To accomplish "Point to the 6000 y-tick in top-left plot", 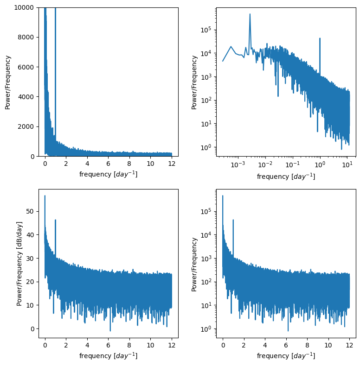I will click(x=27, y=67).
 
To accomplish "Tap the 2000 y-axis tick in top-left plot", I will click(x=27, y=126).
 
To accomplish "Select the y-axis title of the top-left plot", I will click(x=8, y=82).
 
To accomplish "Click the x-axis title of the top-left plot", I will click(x=108, y=174).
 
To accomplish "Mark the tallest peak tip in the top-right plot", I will click(x=250, y=14).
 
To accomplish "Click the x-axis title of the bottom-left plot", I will click(x=108, y=356).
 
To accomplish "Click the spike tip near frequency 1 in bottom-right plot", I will click(x=233, y=220).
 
